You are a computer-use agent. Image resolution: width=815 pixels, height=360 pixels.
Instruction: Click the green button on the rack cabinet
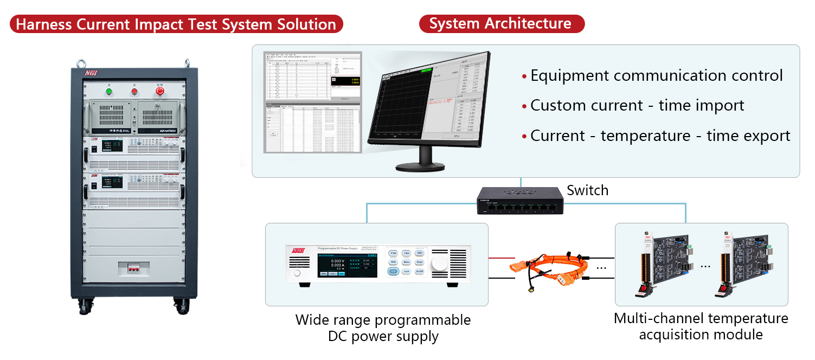pos(109,91)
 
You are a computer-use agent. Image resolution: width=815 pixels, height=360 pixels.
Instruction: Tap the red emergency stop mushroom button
pos(159,91)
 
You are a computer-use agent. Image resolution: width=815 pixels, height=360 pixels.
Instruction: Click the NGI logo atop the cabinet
pos(90,73)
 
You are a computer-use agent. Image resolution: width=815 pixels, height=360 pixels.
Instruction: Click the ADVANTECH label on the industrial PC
pos(160,130)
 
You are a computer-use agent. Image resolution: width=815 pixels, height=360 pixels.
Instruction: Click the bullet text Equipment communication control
pos(656,76)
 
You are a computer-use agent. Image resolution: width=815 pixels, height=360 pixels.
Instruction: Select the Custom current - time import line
pos(637,105)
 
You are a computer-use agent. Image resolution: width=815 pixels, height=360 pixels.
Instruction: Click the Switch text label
pos(587,190)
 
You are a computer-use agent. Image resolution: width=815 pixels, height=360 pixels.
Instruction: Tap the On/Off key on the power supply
pos(420,271)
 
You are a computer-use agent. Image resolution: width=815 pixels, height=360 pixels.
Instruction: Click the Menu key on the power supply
pos(406,262)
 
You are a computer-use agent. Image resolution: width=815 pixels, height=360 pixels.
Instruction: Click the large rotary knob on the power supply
pos(440,263)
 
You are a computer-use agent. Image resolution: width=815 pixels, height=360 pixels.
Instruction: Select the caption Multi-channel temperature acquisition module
pos(701,326)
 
